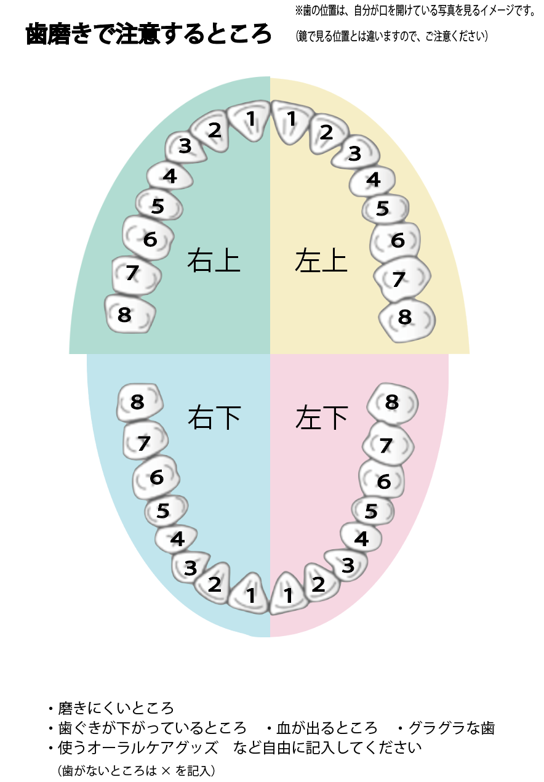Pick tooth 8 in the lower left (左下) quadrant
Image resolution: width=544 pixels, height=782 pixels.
(x=393, y=403)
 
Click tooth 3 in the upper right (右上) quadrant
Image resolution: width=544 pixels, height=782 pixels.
(x=184, y=147)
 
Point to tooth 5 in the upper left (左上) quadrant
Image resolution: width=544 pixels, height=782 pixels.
(x=384, y=209)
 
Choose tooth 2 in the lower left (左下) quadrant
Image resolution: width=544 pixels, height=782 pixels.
(x=319, y=583)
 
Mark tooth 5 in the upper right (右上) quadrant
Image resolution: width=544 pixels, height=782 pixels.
(x=158, y=206)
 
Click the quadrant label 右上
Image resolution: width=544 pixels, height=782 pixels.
(x=214, y=260)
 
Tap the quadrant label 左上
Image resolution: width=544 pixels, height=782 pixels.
(x=321, y=260)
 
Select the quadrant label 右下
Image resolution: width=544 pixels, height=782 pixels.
(x=214, y=418)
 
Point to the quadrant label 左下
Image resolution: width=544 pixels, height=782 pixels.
(x=321, y=418)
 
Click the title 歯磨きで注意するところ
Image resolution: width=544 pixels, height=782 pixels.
(x=148, y=34)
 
